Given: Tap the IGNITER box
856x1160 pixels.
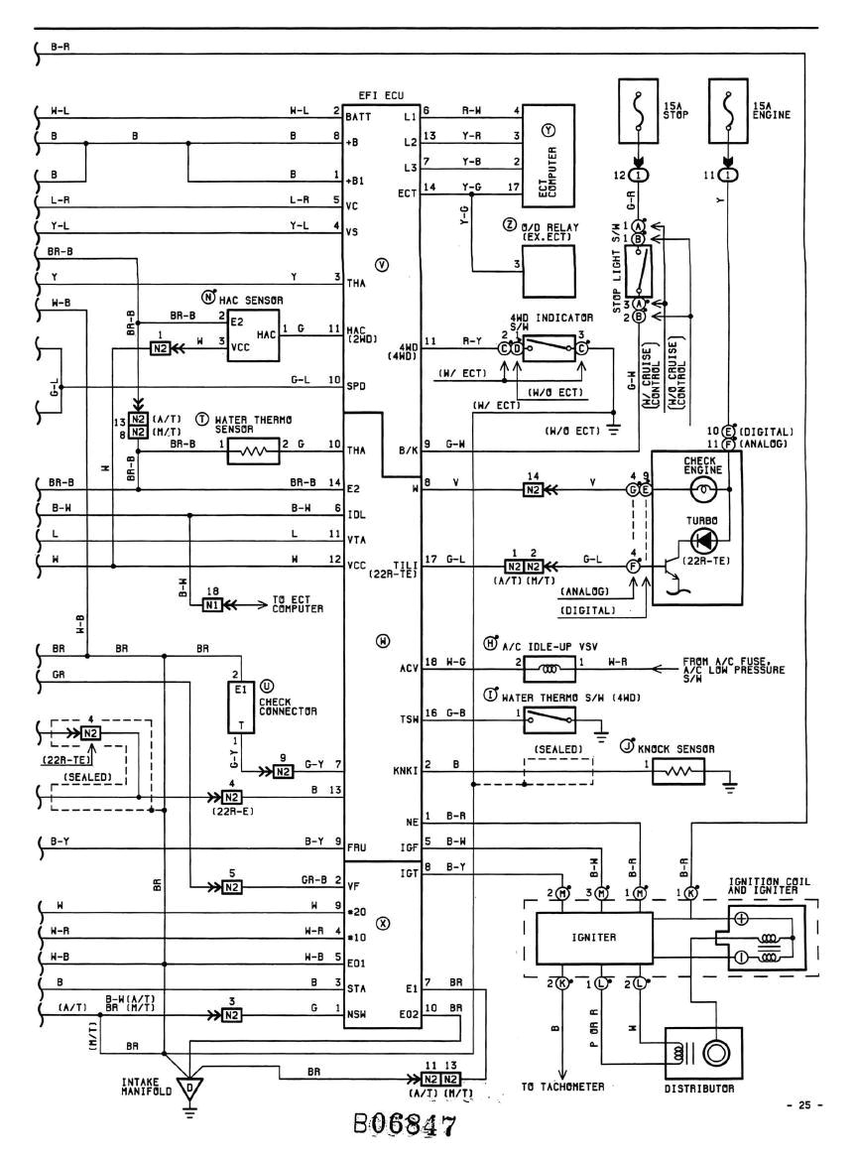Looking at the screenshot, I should click(593, 932).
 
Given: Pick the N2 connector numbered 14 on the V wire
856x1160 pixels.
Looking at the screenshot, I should click(533, 488).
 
